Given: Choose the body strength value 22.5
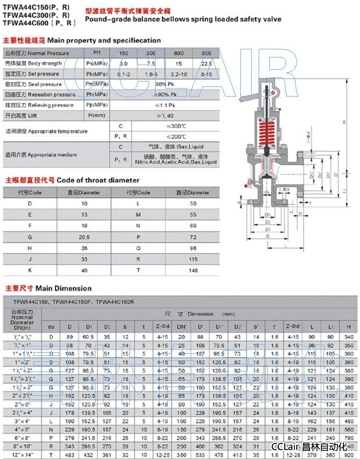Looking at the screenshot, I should [205, 63].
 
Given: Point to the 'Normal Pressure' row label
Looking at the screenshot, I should [38, 54].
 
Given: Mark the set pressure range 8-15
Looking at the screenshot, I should [206, 74].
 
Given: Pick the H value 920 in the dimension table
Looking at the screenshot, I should [349, 454].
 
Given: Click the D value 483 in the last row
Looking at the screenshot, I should [69, 454].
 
